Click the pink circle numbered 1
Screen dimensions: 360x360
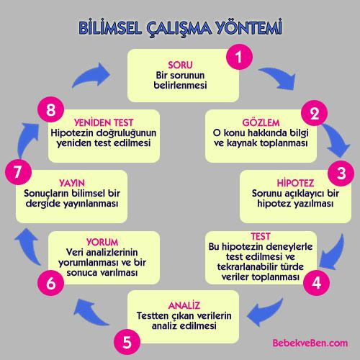pyautogui.click(x=239, y=57)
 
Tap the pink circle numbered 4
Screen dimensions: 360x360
pyautogui.click(x=316, y=282)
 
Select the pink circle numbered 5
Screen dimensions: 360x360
pyautogui.click(x=127, y=342)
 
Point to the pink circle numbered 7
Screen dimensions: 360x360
pyautogui.click(x=18, y=172)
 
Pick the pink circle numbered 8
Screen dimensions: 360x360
pyautogui.click(x=51, y=109)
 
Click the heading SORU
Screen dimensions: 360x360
pyautogui.click(x=180, y=65)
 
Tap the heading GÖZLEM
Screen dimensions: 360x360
pyautogui.click(x=261, y=122)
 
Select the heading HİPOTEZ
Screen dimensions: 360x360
pyautogui.click(x=295, y=183)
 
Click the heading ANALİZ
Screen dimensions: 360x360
pyautogui.click(x=184, y=305)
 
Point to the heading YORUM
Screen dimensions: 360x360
pyautogui.click(x=102, y=242)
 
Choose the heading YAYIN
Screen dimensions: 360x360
pyautogui.click(x=72, y=183)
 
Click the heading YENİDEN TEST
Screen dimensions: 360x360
pyautogui.click(x=104, y=122)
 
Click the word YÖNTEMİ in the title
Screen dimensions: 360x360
pyautogui.click(x=249, y=27)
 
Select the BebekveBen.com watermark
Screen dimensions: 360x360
pyautogui.click(x=310, y=343)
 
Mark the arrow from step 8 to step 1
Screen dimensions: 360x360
pyautogui.click(x=92, y=75)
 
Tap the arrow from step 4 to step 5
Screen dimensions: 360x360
pyautogui.click(x=264, y=312)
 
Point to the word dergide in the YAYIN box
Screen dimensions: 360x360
pyautogui.click(x=42, y=204)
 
